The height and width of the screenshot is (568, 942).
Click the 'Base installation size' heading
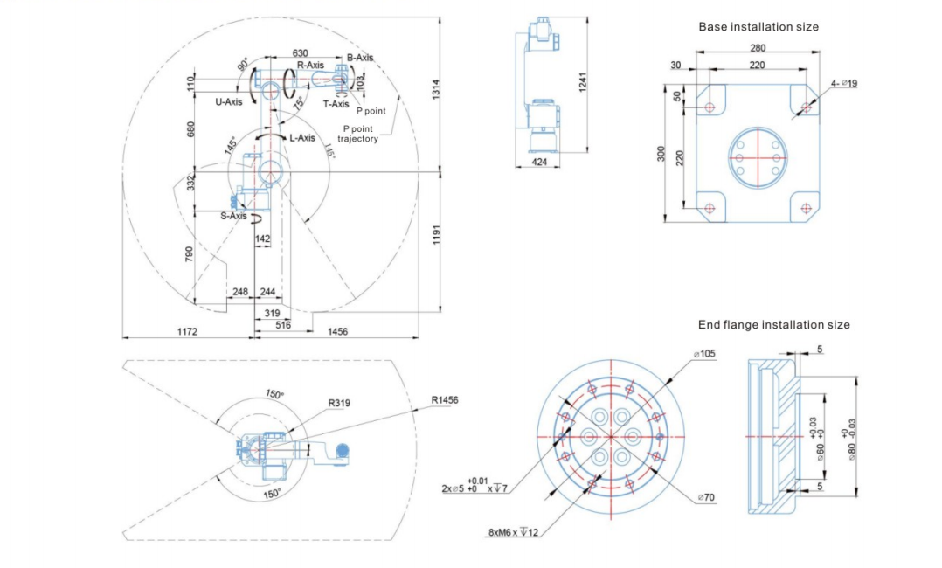pyautogui.click(x=758, y=27)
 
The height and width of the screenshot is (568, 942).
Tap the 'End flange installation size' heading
pyautogui.click(x=773, y=325)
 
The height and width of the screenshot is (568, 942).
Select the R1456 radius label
pyautogui.click(x=444, y=400)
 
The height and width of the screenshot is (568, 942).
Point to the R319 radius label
pyautogui.click(x=340, y=404)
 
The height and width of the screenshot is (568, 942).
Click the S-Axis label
pyautogui.click(x=233, y=216)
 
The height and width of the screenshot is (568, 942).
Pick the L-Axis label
pyautogui.click(x=302, y=138)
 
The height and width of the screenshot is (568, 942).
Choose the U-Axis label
pyautogui.click(x=228, y=102)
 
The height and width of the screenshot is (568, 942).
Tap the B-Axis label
pyautogui.click(x=360, y=58)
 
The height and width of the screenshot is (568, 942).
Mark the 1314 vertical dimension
pyautogui.click(x=436, y=88)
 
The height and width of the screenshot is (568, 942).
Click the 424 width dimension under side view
pyautogui.click(x=539, y=163)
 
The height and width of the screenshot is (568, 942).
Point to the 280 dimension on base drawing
pyautogui.click(x=758, y=49)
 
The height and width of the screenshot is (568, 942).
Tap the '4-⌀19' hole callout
pyautogui.click(x=843, y=84)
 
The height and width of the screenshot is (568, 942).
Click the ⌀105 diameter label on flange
pyautogui.click(x=704, y=354)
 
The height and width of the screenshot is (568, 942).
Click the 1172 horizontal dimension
pyautogui.click(x=187, y=332)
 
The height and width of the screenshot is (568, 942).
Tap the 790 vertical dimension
pyautogui.click(x=189, y=253)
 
